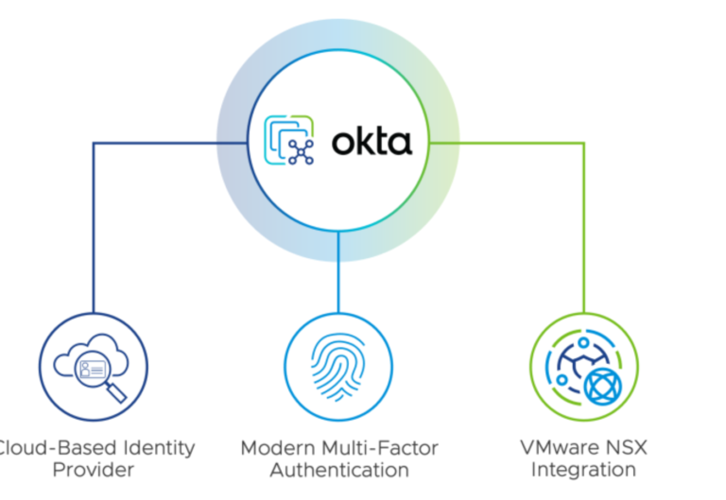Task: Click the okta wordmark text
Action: click(x=372, y=142)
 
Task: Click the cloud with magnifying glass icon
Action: click(x=93, y=367)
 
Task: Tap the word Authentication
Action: click(x=338, y=470)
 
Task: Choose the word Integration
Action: click(x=583, y=470)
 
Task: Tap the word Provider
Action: click(x=93, y=470)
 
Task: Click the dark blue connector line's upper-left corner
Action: click(x=93, y=143)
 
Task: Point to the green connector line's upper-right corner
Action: click(x=583, y=143)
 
